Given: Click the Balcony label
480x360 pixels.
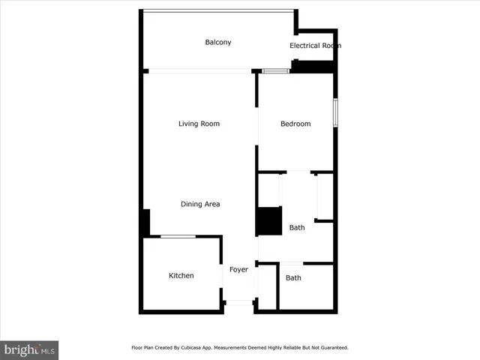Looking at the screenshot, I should click(x=218, y=42).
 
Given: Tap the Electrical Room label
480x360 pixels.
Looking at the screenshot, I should click(x=315, y=46).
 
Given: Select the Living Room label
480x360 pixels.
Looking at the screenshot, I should click(x=199, y=124).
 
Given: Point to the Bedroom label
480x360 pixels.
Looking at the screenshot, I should click(x=295, y=124).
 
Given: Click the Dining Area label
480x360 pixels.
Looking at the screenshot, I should click(x=200, y=204).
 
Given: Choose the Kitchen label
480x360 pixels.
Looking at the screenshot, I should click(x=181, y=276).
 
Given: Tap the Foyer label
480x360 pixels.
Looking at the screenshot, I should click(x=238, y=269).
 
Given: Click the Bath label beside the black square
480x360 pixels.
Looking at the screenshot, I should click(x=297, y=227).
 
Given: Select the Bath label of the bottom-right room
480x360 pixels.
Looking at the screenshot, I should click(x=293, y=277).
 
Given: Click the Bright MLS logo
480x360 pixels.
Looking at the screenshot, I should click(x=30, y=349).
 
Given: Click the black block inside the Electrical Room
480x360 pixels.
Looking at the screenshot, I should click(x=311, y=66).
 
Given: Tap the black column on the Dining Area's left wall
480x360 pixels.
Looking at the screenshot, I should click(x=146, y=222).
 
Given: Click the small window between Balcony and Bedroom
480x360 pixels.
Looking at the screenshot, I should click(x=275, y=71).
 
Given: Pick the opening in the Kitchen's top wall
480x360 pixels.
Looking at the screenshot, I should click(x=178, y=237).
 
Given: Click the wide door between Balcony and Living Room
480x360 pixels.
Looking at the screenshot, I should click(x=199, y=71).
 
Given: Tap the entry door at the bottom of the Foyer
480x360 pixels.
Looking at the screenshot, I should click(x=239, y=302).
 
